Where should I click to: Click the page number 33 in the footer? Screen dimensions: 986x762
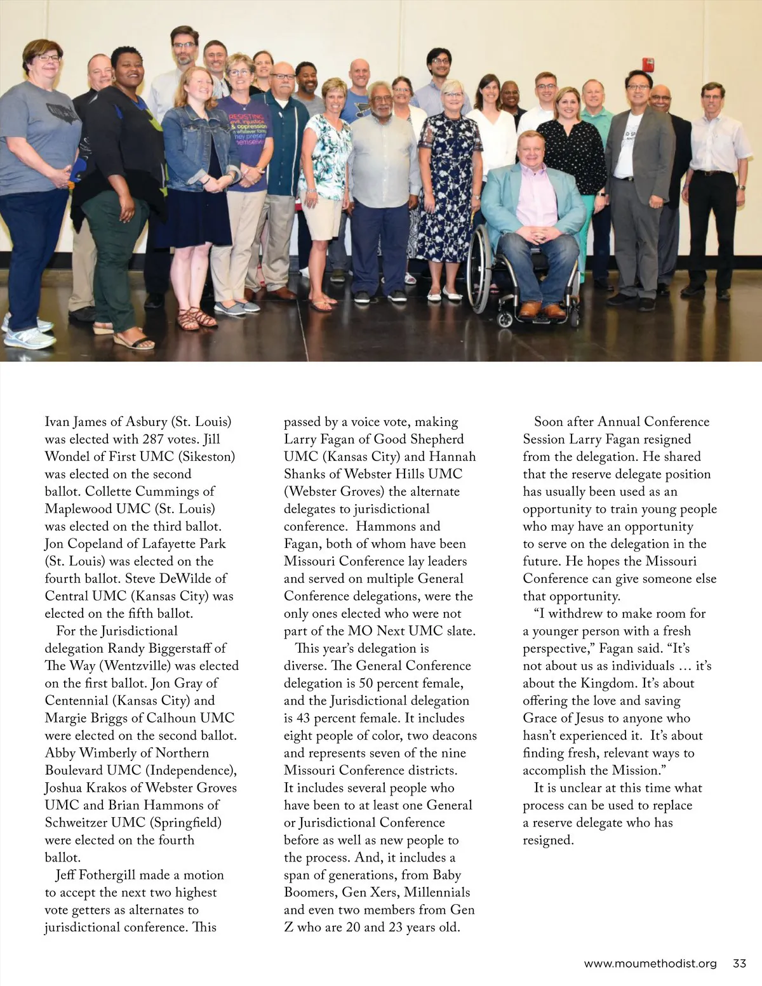[739, 963]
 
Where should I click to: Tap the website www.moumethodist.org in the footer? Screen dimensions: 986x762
[650, 963]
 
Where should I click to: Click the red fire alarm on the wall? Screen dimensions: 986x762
[648, 65]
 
